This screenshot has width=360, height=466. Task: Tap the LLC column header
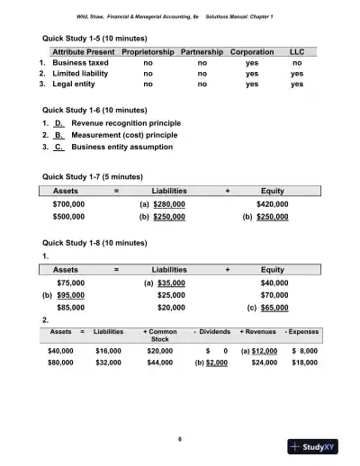(297, 53)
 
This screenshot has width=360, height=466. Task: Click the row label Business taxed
(81, 64)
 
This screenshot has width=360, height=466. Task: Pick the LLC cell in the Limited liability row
(297, 74)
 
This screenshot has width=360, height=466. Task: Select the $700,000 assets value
(69, 205)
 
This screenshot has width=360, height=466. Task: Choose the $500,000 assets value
(69, 217)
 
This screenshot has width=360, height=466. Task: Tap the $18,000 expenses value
(306, 365)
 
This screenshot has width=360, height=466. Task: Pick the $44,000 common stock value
(160, 365)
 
